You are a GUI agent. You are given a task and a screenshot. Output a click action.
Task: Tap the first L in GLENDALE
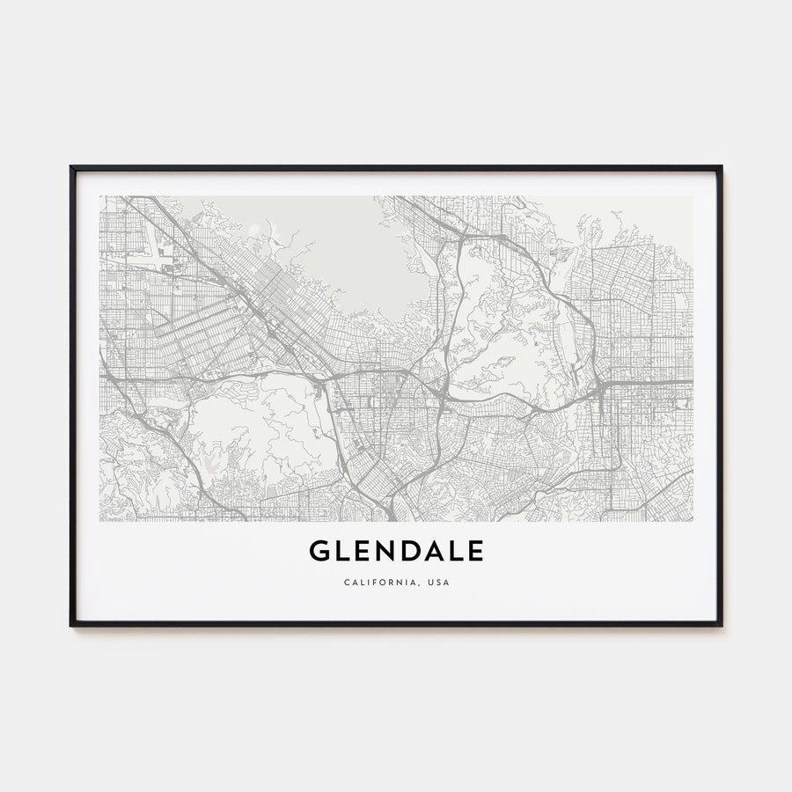tap(343, 552)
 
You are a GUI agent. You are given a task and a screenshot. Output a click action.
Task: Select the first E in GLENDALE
tap(363, 552)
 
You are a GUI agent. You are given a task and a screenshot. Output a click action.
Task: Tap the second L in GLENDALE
tap(458, 552)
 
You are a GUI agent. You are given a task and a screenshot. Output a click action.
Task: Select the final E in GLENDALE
tap(476, 552)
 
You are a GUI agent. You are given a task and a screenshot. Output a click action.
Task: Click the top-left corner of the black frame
tap(71, 166)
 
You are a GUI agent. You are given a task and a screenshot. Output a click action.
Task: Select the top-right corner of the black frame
tap(721, 166)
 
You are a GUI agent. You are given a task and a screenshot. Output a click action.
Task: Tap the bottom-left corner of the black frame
tap(71, 625)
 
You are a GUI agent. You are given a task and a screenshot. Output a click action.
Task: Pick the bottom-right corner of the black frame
tap(721, 625)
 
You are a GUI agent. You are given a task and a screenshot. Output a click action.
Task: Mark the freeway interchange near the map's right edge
tap(600, 386)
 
